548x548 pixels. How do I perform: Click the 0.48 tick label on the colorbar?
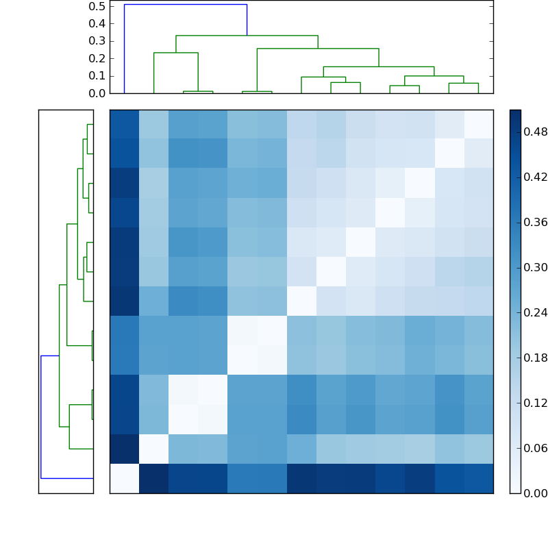(x=535, y=132)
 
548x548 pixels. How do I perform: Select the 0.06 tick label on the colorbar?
(x=535, y=448)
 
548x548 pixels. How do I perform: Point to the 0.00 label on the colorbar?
(x=535, y=493)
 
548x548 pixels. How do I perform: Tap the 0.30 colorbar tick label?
(x=535, y=267)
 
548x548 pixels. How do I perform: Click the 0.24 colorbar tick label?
(x=535, y=312)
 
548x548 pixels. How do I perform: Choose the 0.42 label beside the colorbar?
(x=535, y=177)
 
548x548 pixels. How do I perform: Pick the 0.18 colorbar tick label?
(x=535, y=358)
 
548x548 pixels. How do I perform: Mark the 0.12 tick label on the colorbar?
(x=535, y=403)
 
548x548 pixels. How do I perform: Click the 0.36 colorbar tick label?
(x=535, y=222)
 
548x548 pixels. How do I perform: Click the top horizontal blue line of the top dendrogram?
(x=185, y=5)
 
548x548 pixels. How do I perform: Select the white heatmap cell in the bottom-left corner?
(x=124, y=478)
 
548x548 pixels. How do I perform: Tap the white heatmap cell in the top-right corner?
(x=478, y=124)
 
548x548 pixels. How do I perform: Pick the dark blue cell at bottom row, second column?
(x=153, y=478)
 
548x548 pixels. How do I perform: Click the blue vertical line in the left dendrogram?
(x=41, y=416)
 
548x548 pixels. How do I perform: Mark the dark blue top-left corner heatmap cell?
(x=124, y=124)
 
